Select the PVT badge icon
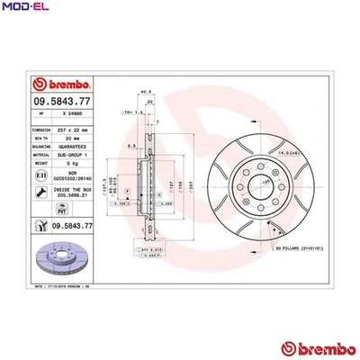coord(42,226)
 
